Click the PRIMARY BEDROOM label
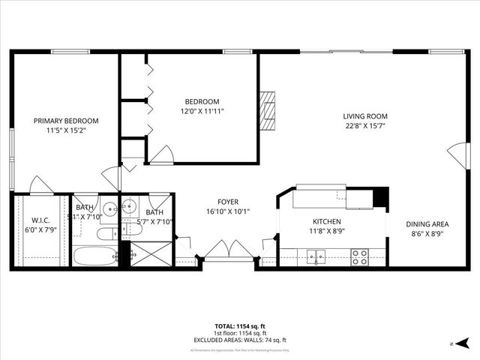(x=66, y=121)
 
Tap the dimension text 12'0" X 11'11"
(x=202, y=111)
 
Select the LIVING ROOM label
(x=365, y=116)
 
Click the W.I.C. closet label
(x=40, y=220)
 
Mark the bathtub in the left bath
(x=94, y=256)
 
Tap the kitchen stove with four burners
(x=360, y=256)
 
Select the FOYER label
(x=228, y=202)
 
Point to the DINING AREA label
(x=427, y=224)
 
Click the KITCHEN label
(x=327, y=222)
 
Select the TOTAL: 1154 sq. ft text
(x=240, y=326)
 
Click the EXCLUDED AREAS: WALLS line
(x=240, y=340)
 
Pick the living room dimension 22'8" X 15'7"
(x=365, y=126)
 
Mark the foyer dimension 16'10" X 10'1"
(x=228, y=211)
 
